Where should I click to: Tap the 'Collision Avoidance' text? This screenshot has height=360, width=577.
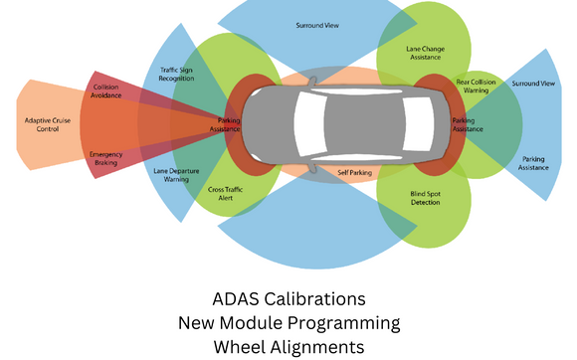click(106, 92)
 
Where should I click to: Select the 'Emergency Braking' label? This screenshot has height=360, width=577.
click(105, 158)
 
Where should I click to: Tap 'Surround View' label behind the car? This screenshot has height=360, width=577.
click(533, 84)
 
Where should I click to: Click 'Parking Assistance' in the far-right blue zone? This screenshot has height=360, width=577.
click(533, 163)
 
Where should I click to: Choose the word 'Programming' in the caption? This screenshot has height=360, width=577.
click(351, 323)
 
